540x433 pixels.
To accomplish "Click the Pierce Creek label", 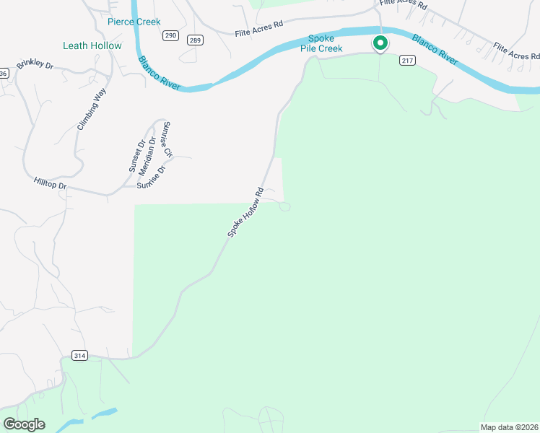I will click(x=134, y=22).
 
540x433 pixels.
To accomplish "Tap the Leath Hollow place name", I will click(x=92, y=45).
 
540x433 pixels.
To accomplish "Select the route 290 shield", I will click(x=170, y=35).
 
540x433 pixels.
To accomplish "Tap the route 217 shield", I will click(x=407, y=61).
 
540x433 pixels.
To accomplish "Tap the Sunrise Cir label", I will click(x=167, y=139).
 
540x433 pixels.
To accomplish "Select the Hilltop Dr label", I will click(x=50, y=185).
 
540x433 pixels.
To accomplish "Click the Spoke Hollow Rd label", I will click(x=245, y=212).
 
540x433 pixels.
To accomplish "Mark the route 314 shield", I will click(x=79, y=355).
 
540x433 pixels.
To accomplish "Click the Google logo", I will click(x=24, y=424).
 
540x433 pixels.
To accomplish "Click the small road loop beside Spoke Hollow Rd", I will click(x=284, y=207).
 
